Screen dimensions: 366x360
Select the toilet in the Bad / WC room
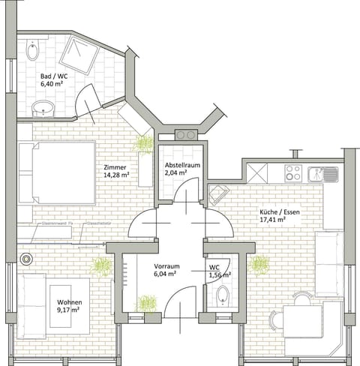coord(31,52)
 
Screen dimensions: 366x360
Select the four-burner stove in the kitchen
coord(294,173)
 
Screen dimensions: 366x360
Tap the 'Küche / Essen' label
coord(275,212)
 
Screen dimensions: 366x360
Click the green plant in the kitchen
coord(259,264)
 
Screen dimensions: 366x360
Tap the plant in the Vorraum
coord(147,303)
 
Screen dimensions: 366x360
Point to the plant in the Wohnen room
coord(100,265)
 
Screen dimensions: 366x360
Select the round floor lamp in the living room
coord(27,259)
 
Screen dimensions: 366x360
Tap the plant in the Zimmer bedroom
coord(142,143)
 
